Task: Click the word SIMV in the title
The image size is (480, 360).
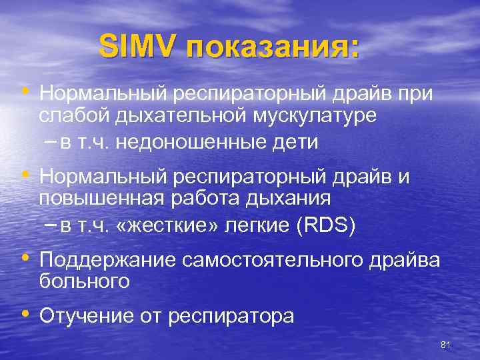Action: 139,47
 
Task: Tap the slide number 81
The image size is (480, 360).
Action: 446,344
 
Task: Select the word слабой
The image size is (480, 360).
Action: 75,116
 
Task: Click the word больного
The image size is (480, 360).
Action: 84,281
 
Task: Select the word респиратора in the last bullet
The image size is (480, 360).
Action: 231,316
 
